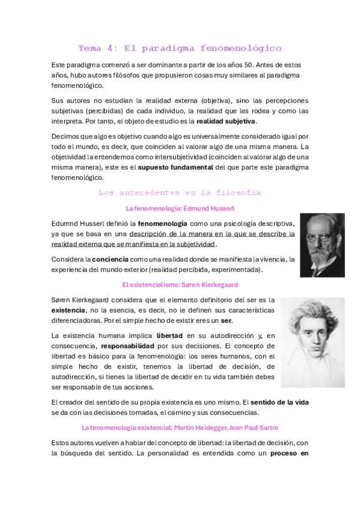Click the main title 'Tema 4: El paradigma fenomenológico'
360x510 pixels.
coord(180,48)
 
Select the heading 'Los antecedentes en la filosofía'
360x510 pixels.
coord(180,192)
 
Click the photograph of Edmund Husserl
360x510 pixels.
coord(322,245)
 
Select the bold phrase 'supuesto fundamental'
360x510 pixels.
coord(174,167)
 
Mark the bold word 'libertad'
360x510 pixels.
coord(169,336)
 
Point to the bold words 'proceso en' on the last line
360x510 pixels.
coord(289,453)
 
